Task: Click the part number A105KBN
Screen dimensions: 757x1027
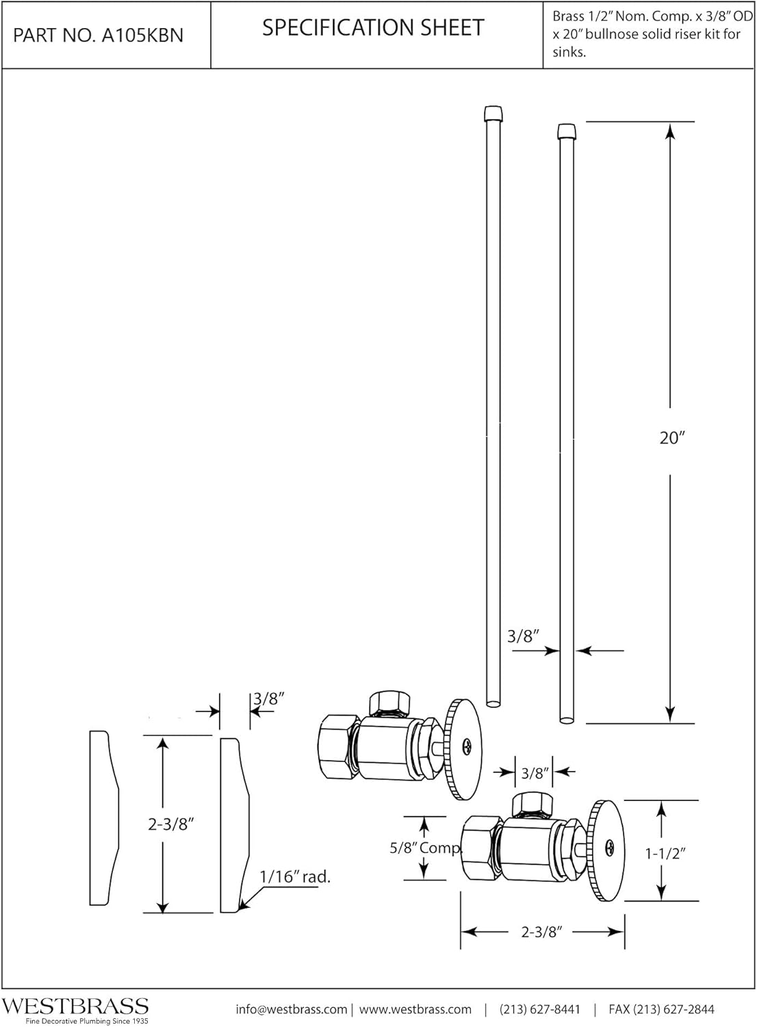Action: pos(98,36)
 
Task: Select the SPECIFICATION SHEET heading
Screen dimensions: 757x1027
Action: pos(373,27)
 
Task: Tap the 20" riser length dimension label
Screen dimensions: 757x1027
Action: pos(671,438)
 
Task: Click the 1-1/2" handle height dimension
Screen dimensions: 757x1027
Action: pos(665,853)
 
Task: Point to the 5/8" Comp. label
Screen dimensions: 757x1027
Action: pos(426,848)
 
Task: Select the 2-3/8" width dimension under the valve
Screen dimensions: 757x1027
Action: pos(541,932)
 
